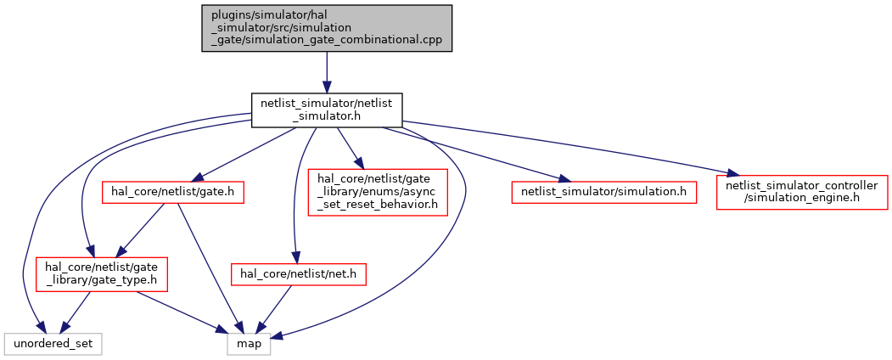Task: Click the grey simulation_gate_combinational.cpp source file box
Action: [x=327, y=28]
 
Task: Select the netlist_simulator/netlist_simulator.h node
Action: [x=327, y=110]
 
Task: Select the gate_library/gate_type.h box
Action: [x=101, y=274]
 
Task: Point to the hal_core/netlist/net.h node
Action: [x=298, y=274]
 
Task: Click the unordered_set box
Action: [x=53, y=344]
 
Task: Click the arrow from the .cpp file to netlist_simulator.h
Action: [x=327, y=73]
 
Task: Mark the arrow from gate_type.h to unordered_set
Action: [x=75, y=312]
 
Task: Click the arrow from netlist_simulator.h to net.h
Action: [x=296, y=194]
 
